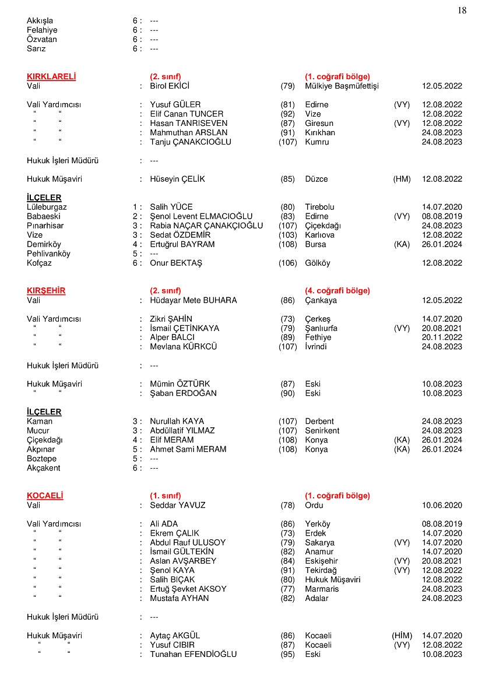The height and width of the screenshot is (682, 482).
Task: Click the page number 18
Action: pos(462,10)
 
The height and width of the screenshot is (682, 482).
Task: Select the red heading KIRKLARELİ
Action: pos(51,76)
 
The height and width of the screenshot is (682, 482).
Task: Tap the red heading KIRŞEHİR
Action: pos(46,290)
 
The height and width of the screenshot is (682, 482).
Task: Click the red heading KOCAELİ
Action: pos(45,495)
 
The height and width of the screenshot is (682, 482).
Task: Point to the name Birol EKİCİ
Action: pos(170,86)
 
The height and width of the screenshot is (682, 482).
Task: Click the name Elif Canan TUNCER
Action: pos(187,114)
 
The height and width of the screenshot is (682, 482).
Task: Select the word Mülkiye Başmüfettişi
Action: pos(342,86)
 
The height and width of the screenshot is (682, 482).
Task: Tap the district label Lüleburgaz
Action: pos(47,207)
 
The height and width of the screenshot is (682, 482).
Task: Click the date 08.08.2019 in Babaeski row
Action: pos(442,216)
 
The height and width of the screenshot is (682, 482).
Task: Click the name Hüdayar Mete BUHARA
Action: pos(193,300)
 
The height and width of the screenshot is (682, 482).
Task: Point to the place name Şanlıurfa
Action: pos(321,328)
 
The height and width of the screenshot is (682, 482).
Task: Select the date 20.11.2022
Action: pos(442,338)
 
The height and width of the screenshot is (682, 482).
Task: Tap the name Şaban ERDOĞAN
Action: pos(183,393)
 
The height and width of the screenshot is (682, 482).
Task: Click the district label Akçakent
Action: pos(43,468)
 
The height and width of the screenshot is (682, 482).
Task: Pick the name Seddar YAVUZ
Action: pos(178,505)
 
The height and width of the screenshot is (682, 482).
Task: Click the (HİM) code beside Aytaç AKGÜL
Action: pos(402,635)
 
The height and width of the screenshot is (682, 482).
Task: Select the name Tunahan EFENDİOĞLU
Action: pos(193,654)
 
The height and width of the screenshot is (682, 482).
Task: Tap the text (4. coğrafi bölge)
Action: pos(337,290)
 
